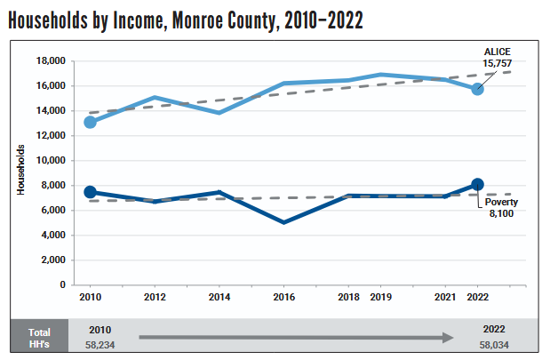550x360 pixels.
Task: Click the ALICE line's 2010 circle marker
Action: [x=90, y=122]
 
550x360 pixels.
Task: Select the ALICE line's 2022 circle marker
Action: [x=477, y=88]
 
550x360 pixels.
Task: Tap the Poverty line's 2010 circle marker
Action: [x=90, y=192]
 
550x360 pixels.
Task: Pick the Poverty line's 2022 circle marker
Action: [x=477, y=184]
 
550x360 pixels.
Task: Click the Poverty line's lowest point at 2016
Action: [x=283, y=222]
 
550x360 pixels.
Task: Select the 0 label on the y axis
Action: [x=64, y=284]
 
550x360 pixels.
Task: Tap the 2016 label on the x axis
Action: [x=283, y=297]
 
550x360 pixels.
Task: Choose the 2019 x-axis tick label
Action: [x=380, y=297]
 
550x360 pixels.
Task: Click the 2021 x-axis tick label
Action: [x=446, y=297]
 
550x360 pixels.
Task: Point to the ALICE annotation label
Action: [x=496, y=52]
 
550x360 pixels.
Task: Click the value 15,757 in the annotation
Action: [x=496, y=63]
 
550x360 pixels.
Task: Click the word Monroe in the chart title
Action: [x=191, y=22]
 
